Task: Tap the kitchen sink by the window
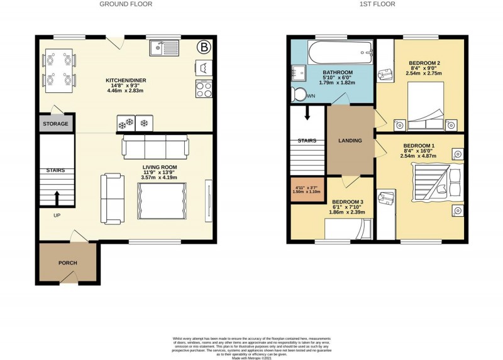(165, 46)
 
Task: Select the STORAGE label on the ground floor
(55, 124)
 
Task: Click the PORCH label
(67, 263)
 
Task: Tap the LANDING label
(350, 141)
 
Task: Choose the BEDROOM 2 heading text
(424, 63)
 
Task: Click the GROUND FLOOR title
(126, 4)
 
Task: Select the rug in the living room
(162, 200)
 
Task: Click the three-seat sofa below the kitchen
(155, 146)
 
